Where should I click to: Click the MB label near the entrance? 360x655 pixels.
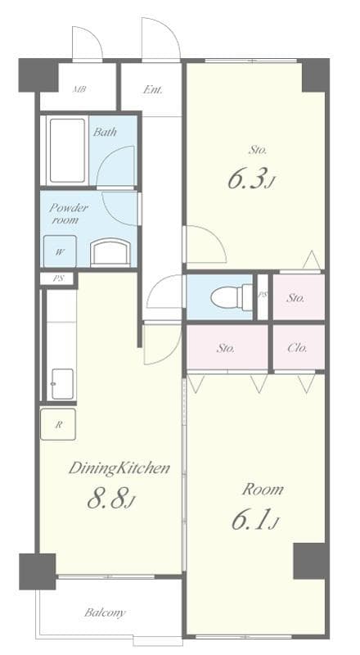click(x=79, y=89)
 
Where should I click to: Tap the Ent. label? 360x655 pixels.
click(x=151, y=89)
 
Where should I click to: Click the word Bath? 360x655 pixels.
click(x=104, y=132)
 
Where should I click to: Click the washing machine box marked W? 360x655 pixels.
click(x=60, y=251)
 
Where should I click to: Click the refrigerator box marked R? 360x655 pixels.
click(x=59, y=424)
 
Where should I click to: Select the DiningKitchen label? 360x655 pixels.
click(x=119, y=468)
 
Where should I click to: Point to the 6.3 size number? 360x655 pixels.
click(x=248, y=179)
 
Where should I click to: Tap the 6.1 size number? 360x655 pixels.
click(x=256, y=519)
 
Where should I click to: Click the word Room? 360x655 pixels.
click(x=263, y=490)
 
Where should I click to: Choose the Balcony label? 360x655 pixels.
click(x=105, y=612)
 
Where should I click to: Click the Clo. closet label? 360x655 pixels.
click(x=298, y=348)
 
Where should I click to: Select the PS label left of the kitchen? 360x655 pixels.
click(x=58, y=279)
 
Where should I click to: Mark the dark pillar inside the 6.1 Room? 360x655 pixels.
click(x=310, y=561)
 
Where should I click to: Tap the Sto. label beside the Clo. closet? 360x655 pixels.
click(x=227, y=348)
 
